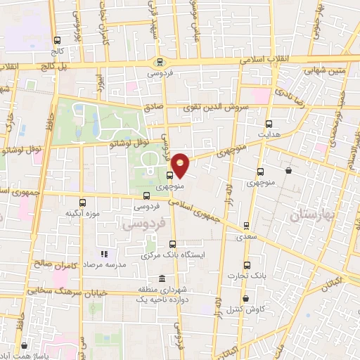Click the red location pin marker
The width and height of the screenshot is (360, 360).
(x=181, y=165)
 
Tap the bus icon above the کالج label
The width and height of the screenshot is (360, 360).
(x=56, y=41)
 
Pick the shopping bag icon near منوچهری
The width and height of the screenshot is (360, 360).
(x=289, y=170)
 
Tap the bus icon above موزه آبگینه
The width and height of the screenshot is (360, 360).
(x=82, y=202)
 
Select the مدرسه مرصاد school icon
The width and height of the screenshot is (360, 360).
(x=103, y=254)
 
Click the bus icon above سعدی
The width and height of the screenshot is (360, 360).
(x=245, y=226)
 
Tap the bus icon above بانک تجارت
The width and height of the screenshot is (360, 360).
(x=246, y=266)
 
